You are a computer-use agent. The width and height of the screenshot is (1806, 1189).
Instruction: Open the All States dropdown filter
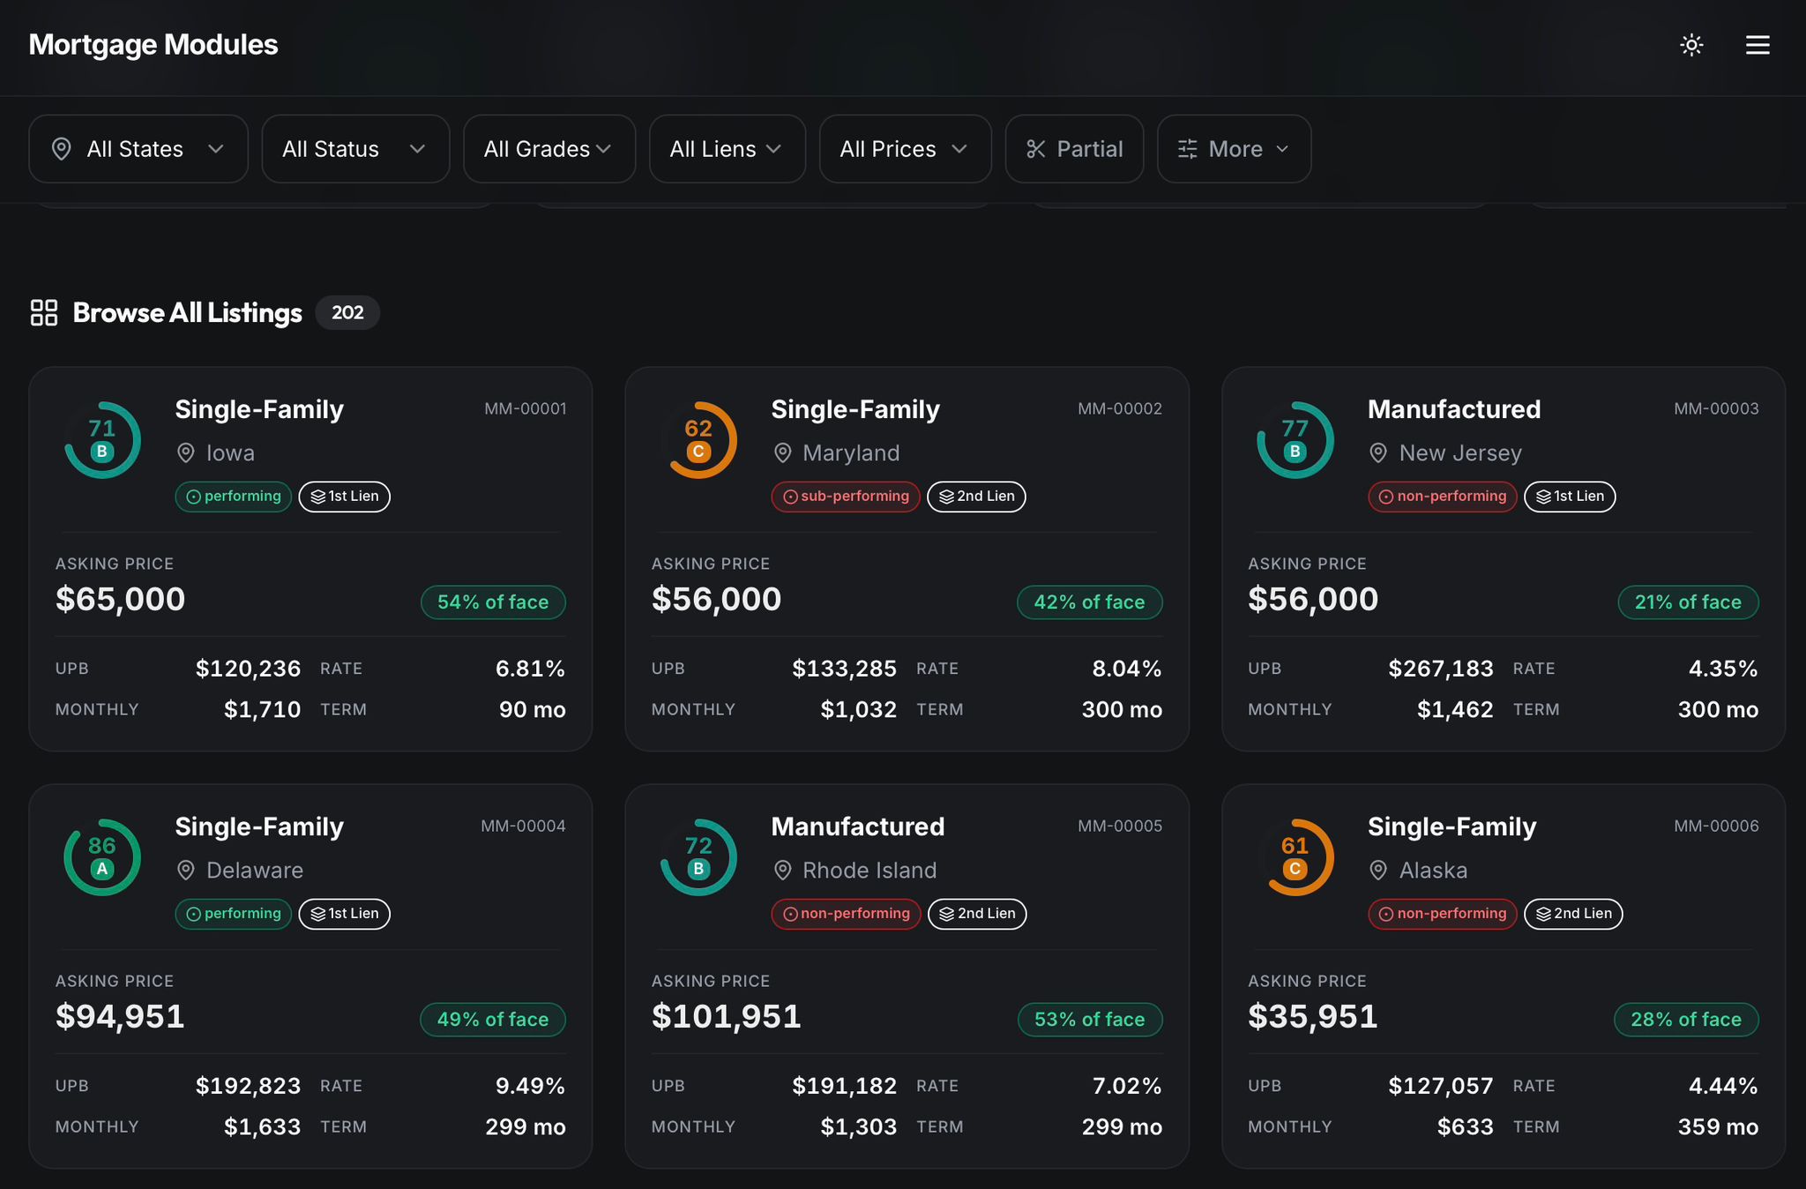[x=138, y=149]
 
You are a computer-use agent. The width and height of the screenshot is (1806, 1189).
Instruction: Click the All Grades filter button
[x=549, y=149]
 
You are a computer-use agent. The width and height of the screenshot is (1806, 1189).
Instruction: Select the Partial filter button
[x=1074, y=149]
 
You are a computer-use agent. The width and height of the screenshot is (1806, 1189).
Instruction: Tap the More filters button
[x=1234, y=149]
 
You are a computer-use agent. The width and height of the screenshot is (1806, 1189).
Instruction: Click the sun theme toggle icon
[x=1691, y=45]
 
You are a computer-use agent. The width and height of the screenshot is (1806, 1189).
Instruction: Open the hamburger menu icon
[x=1757, y=45]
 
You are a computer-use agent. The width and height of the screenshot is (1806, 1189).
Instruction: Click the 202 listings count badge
[x=347, y=312]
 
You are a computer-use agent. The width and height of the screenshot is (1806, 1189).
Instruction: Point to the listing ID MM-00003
[x=1716, y=408]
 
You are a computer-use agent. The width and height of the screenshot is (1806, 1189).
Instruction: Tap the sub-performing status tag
[x=846, y=497]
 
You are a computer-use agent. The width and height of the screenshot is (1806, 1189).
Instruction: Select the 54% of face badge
[x=493, y=602]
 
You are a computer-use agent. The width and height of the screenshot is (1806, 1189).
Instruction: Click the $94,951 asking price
[x=120, y=1016]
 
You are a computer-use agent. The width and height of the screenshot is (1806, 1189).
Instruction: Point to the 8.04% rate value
[x=1127, y=669]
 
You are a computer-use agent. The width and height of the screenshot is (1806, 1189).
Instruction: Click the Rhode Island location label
[x=869, y=871]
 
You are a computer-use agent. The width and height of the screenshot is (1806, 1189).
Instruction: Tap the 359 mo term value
[x=1718, y=1126]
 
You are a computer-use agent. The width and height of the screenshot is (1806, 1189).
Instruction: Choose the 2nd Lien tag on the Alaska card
[x=1573, y=914]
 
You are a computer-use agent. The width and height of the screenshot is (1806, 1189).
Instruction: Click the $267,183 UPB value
[x=1441, y=669]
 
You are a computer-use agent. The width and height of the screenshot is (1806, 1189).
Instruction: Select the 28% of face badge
[x=1686, y=1020]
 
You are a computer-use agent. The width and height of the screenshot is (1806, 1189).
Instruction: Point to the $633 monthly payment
[x=1465, y=1126]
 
